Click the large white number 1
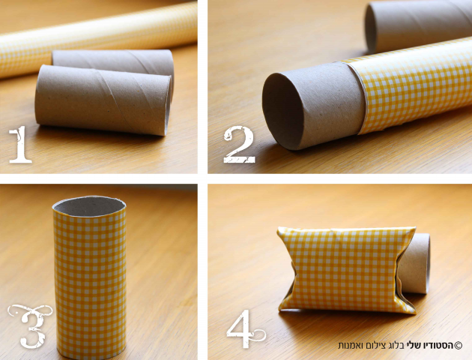pyautogui.click(x=20, y=145)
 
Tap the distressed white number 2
pyautogui.click(x=239, y=145)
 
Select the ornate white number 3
pyautogui.click(x=30, y=325)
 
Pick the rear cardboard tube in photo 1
pyautogui.click(x=115, y=61)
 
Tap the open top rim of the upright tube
pyautogui.click(x=89, y=205)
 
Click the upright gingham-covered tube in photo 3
pyautogui.click(x=90, y=277)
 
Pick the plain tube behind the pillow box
pyautogui.click(x=417, y=263)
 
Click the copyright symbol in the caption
pyautogui.click(x=459, y=345)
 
